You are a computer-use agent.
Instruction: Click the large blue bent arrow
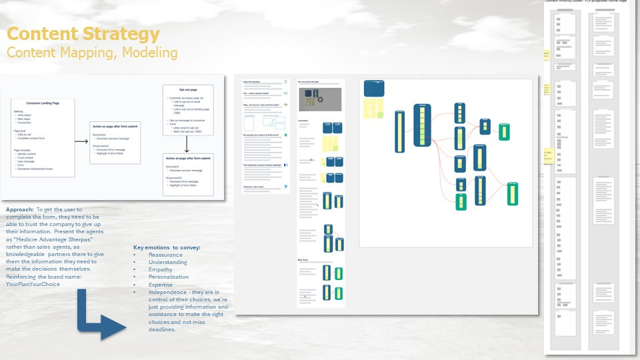[100, 313]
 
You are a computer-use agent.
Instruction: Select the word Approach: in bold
[20, 209]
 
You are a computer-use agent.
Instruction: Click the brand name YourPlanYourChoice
[33, 284]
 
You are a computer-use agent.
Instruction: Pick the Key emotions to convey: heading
[167, 248]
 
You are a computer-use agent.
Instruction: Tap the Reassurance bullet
[165, 255]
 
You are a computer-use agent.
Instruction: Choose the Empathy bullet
[161, 270]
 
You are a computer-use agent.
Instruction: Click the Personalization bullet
[169, 277]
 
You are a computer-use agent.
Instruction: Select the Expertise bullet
[161, 285]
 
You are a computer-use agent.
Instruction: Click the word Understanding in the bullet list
[168, 263]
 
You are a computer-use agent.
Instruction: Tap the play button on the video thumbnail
[320, 99]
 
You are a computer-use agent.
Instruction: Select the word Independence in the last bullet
[168, 292]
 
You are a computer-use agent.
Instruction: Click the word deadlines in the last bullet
[162, 329]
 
